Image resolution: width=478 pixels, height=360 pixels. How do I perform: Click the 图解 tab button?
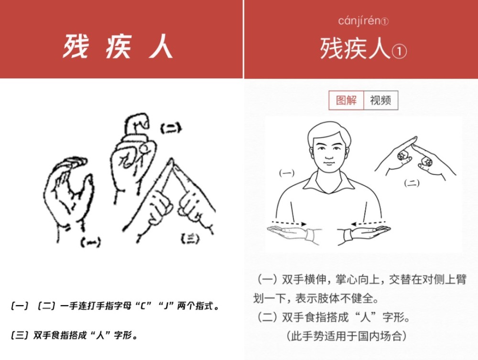pos(346,100)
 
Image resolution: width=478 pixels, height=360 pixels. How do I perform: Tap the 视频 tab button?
pos(380,100)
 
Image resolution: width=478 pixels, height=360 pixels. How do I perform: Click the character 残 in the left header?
pos(75,47)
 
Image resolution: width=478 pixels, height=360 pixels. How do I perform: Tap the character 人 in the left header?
pos(160,47)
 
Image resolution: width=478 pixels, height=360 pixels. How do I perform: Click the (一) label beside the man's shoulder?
pos(286,173)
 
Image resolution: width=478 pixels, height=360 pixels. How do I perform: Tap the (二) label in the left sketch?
pos(170,128)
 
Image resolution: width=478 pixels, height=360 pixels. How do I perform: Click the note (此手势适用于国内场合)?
pos(347,336)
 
